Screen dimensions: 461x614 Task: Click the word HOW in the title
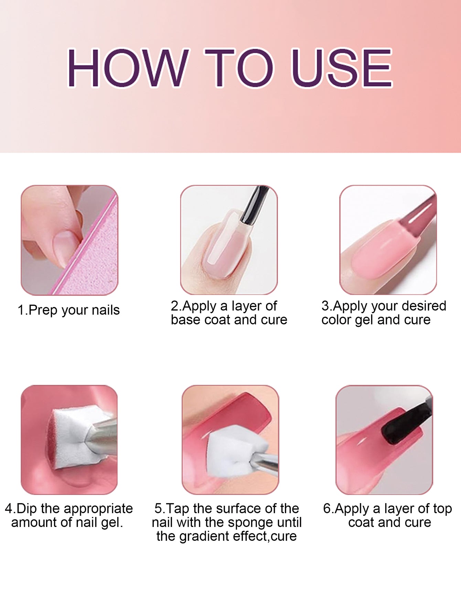[127, 68]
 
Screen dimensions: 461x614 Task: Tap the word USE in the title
[342, 68]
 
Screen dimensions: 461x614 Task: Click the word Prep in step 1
[43, 311]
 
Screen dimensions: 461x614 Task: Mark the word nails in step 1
[106, 311]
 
